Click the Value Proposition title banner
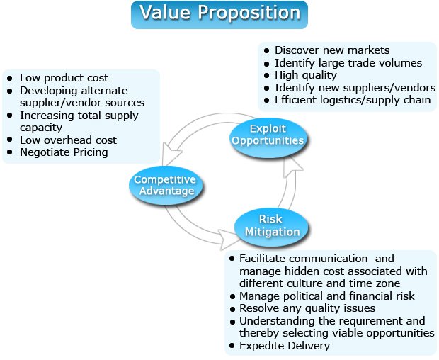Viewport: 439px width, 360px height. click(x=219, y=13)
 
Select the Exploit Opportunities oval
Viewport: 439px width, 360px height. click(x=268, y=134)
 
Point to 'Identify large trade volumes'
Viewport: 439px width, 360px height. click(x=348, y=63)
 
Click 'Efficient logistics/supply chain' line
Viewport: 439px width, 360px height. click(x=353, y=100)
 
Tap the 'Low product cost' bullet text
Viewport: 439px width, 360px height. click(x=64, y=78)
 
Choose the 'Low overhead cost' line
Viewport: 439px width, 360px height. click(x=68, y=140)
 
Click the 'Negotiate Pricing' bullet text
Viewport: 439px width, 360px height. click(x=64, y=152)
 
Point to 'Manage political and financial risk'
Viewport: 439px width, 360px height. click(x=327, y=296)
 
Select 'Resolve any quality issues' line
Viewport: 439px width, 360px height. click(x=307, y=308)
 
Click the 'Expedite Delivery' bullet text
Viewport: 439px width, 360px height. click(x=285, y=346)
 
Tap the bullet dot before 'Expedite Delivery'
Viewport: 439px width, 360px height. click(x=232, y=346)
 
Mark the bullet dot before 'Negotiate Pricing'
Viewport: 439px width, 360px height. click(x=10, y=152)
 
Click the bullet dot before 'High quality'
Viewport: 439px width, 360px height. click(x=266, y=75)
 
